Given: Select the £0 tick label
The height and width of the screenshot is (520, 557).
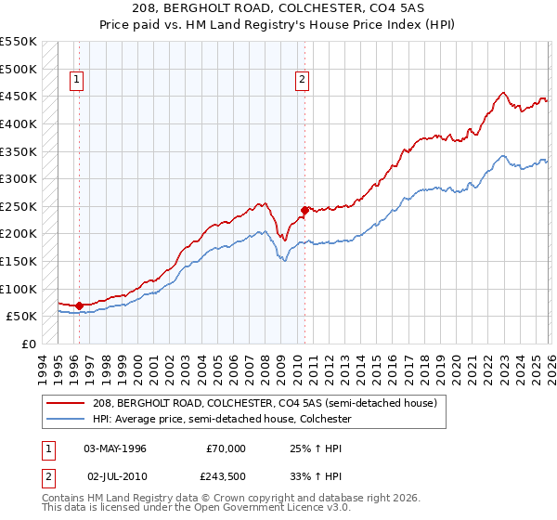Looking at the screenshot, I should click(29, 344).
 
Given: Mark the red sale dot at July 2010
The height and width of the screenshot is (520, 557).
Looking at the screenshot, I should click(304, 210).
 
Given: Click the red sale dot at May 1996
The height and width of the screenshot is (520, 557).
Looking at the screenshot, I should click(79, 305).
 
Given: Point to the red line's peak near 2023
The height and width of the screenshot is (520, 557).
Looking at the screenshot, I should click(502, 93).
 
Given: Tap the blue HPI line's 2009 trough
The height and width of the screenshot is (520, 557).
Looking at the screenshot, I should click(285, 261).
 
